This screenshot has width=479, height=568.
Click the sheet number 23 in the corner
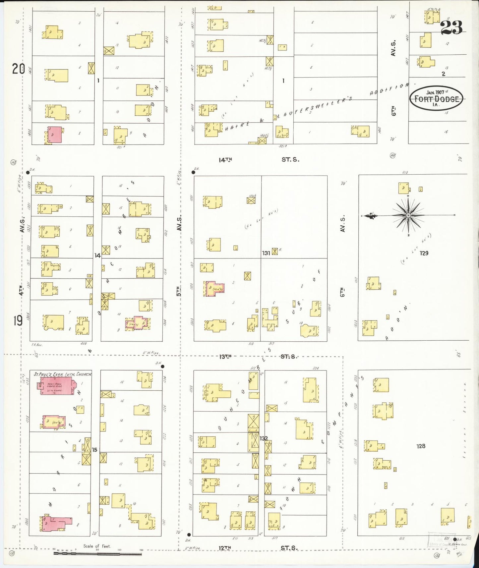point(451,28)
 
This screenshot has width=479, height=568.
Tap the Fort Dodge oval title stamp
point(436,98)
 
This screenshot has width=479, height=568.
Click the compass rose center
point(408,215)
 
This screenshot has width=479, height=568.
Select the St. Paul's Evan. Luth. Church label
point(63,374)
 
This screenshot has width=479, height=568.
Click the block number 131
point(266,253)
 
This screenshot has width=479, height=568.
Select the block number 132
point(264,438)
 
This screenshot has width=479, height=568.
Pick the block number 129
point(424,253)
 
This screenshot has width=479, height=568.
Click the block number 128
point(421,446)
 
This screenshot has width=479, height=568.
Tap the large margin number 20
point(19,69)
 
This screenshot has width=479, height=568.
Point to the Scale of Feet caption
point(97,546)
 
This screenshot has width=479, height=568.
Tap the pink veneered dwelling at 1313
point(214,289)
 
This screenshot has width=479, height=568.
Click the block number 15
point(94,450)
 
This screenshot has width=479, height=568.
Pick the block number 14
point(97,256)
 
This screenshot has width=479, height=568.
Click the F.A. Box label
point(36,345)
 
